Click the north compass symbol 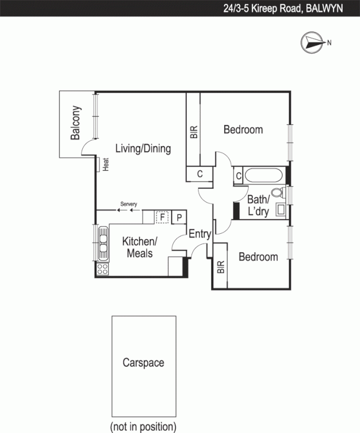click(312, 42)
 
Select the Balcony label click(76, 123)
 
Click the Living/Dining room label click(142, 149)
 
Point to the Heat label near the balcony click(106, 163)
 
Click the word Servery click(129, 204)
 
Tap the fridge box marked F click(161, 218)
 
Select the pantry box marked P click(179, 218)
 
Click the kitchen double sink click(102, 242)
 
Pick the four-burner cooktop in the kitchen click(102, 268)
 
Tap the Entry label click(199, 234)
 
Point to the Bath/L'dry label click(258, 206)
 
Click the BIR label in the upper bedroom click(194, 133)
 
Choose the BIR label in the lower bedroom click(220, 267)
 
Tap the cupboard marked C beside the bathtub click(238, 175)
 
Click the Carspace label click(143, 363)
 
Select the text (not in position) click(143, 425)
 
